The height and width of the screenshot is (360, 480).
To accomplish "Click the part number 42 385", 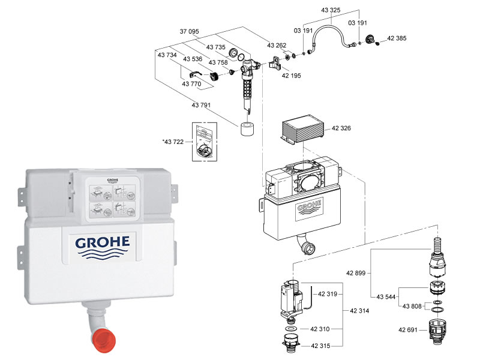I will pos(397,38).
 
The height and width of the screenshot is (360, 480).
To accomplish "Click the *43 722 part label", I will pos(175,142).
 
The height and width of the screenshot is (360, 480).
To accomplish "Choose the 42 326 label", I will pos(343,128).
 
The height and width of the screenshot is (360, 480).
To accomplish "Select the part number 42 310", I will pos(320,329).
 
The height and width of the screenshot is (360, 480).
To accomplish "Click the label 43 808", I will pos(412,306).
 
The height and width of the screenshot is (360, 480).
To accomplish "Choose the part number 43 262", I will pos(277,46).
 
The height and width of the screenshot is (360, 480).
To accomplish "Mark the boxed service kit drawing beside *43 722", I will pos(203,142).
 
